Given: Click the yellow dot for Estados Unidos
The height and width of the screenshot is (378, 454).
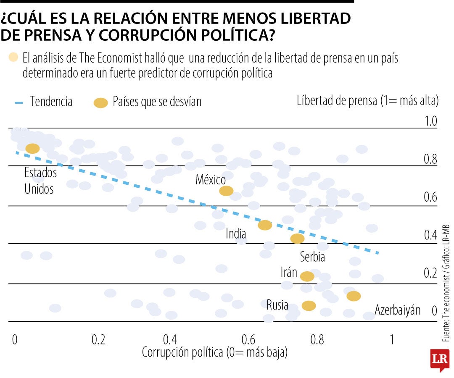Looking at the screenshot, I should pyautogui.click(x=32, y=148).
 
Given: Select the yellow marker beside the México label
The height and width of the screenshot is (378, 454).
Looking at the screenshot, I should pyautogui.click(x=226, y=191).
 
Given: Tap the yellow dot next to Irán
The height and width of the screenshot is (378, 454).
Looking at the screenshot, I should pyautogui.click(x=307, y=276).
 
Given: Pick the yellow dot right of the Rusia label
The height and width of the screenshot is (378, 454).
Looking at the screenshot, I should pyautogui.click(x=309, y=306).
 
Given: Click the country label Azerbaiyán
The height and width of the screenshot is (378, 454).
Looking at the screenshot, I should pyautogui.click(x=397, y=310).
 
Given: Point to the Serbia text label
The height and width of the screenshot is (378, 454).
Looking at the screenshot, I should pyautogui.click(x=312, y=256).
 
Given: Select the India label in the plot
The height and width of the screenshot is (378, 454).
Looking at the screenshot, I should pyautogui.click(x=236, y=234).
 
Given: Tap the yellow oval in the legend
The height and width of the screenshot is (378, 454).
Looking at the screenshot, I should pyautogui.click(x=101, y=102).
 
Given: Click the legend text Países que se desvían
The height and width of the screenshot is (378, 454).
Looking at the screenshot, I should pyautogui.click(x=157, y=102).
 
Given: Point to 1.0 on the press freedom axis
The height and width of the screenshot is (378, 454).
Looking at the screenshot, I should pyautogui.click(x=430, y=121).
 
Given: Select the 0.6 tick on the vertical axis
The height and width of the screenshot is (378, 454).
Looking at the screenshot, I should pyautogui.click(x=430, y=197).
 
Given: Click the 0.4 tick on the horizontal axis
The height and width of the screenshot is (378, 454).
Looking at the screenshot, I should pyautogui.click(x=170, y=339).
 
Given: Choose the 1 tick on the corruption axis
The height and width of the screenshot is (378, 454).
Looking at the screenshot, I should pyautogui.click(x=391, y=339).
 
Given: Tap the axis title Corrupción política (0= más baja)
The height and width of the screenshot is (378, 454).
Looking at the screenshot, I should pyautogui.click(x=215, y=352).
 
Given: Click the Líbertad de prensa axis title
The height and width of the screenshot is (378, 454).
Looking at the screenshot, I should pyautogui.click(x=367, y=101).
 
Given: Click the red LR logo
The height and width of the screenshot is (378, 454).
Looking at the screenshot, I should pyautogui.click(x=439, y=359).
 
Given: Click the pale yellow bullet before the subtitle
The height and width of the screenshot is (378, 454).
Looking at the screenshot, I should pyautogui.click(x=13, y=58).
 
